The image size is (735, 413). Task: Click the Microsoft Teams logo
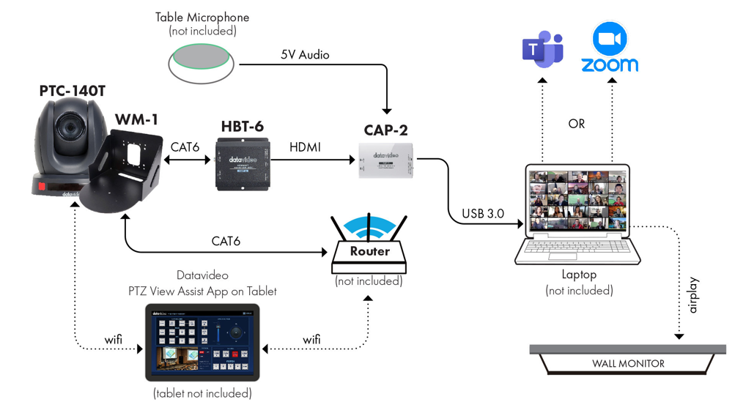tap(543, 49)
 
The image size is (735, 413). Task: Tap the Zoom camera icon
tap(610, 39)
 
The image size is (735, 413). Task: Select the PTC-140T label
tap(72, 92)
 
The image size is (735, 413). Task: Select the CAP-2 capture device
tap(386, 161)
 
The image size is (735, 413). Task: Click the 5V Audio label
tap(305, 55)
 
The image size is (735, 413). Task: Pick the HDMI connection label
tap(305, 147)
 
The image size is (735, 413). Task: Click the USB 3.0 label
tap(483, 214)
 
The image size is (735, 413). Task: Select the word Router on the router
tap(369, 251)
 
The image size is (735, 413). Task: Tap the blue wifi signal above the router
tap(369, 226)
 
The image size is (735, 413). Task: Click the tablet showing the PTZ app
tap(202, 342)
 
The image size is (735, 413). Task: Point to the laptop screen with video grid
tap(577, 201)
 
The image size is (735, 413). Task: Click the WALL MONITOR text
tap(628, 364)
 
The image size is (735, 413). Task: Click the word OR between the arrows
tap(577, 124)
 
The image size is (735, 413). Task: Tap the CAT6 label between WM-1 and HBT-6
tap(185, 147)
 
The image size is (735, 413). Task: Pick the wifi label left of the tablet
tap(114, 340)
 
